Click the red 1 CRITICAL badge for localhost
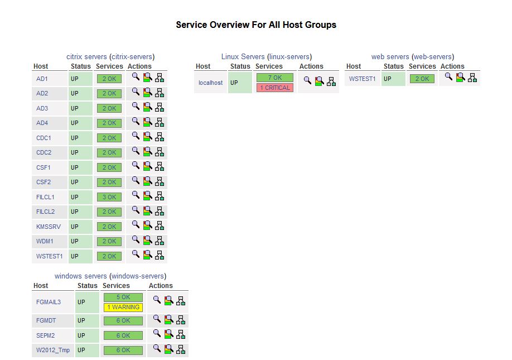pos(274,88)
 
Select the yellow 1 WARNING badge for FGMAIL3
pos(123,307)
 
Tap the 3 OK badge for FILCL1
pos(109,197)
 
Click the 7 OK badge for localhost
pos(274,78)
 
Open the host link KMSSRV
pos(49,227)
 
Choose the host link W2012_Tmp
pos(53,351)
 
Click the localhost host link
pos(210,83)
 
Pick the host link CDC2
pos(44,152)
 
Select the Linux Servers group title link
pos(243,56)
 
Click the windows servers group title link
pos(80,276)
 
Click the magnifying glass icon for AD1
pos(136,78)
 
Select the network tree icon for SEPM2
pos(181,335)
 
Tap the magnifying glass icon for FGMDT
pos(157,319)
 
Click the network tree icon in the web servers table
pos(472,78)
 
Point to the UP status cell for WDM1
pos(75,241)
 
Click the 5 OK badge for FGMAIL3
pos(123,297)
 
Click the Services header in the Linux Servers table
pos(269,66)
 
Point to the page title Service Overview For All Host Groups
pos(256,25)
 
